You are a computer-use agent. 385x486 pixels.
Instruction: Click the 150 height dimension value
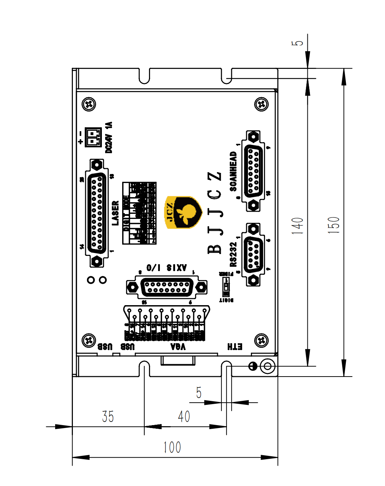coord(334,225)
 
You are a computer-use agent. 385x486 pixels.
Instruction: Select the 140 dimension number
coord(297,225)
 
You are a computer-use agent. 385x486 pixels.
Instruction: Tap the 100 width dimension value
coord(172,447)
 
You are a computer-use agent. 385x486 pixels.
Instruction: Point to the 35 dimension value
coord(108,416)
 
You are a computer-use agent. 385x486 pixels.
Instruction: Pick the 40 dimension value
coord(184,416)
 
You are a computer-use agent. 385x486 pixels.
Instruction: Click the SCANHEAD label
coord(233,171)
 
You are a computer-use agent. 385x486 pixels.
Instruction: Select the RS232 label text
coord(233,254)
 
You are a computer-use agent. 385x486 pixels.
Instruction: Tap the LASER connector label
coord(115,213)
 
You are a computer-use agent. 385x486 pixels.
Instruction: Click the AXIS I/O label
coord(166,268)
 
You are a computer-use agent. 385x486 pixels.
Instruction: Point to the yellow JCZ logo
coord(183,212)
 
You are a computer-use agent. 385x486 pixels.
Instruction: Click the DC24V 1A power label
coord(109,137)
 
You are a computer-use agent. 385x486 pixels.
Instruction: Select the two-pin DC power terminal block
coord(93,137)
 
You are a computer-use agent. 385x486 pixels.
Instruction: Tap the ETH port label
coord(235,347)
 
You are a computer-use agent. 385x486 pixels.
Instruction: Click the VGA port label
coord(178,347)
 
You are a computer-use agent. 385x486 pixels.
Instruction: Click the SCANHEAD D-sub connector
coord(253,171)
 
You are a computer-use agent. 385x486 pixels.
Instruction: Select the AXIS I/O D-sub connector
coord(167,287)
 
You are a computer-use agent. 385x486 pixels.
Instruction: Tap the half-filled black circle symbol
coord(253,366)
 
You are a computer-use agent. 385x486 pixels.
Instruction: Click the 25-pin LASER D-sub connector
coord(97,213)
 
